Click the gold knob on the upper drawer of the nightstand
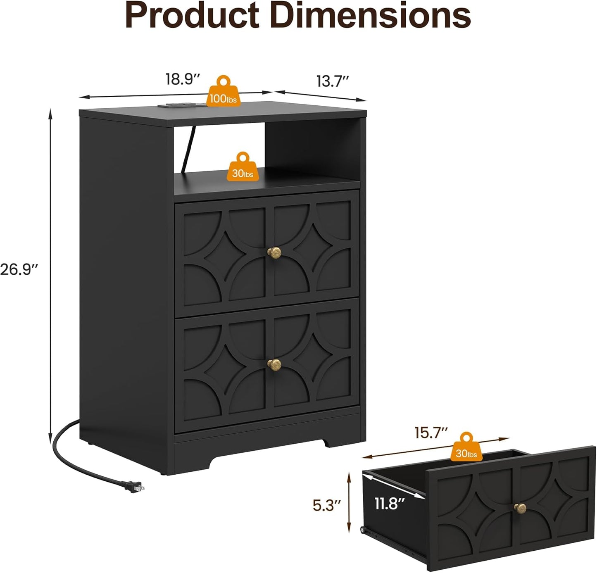(274, 253)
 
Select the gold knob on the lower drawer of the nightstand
(274, 365)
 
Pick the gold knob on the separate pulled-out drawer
(520, 508)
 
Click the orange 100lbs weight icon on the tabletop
(224, 91)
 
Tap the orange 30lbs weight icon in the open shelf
(243, 166)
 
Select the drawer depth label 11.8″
(390, 503)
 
